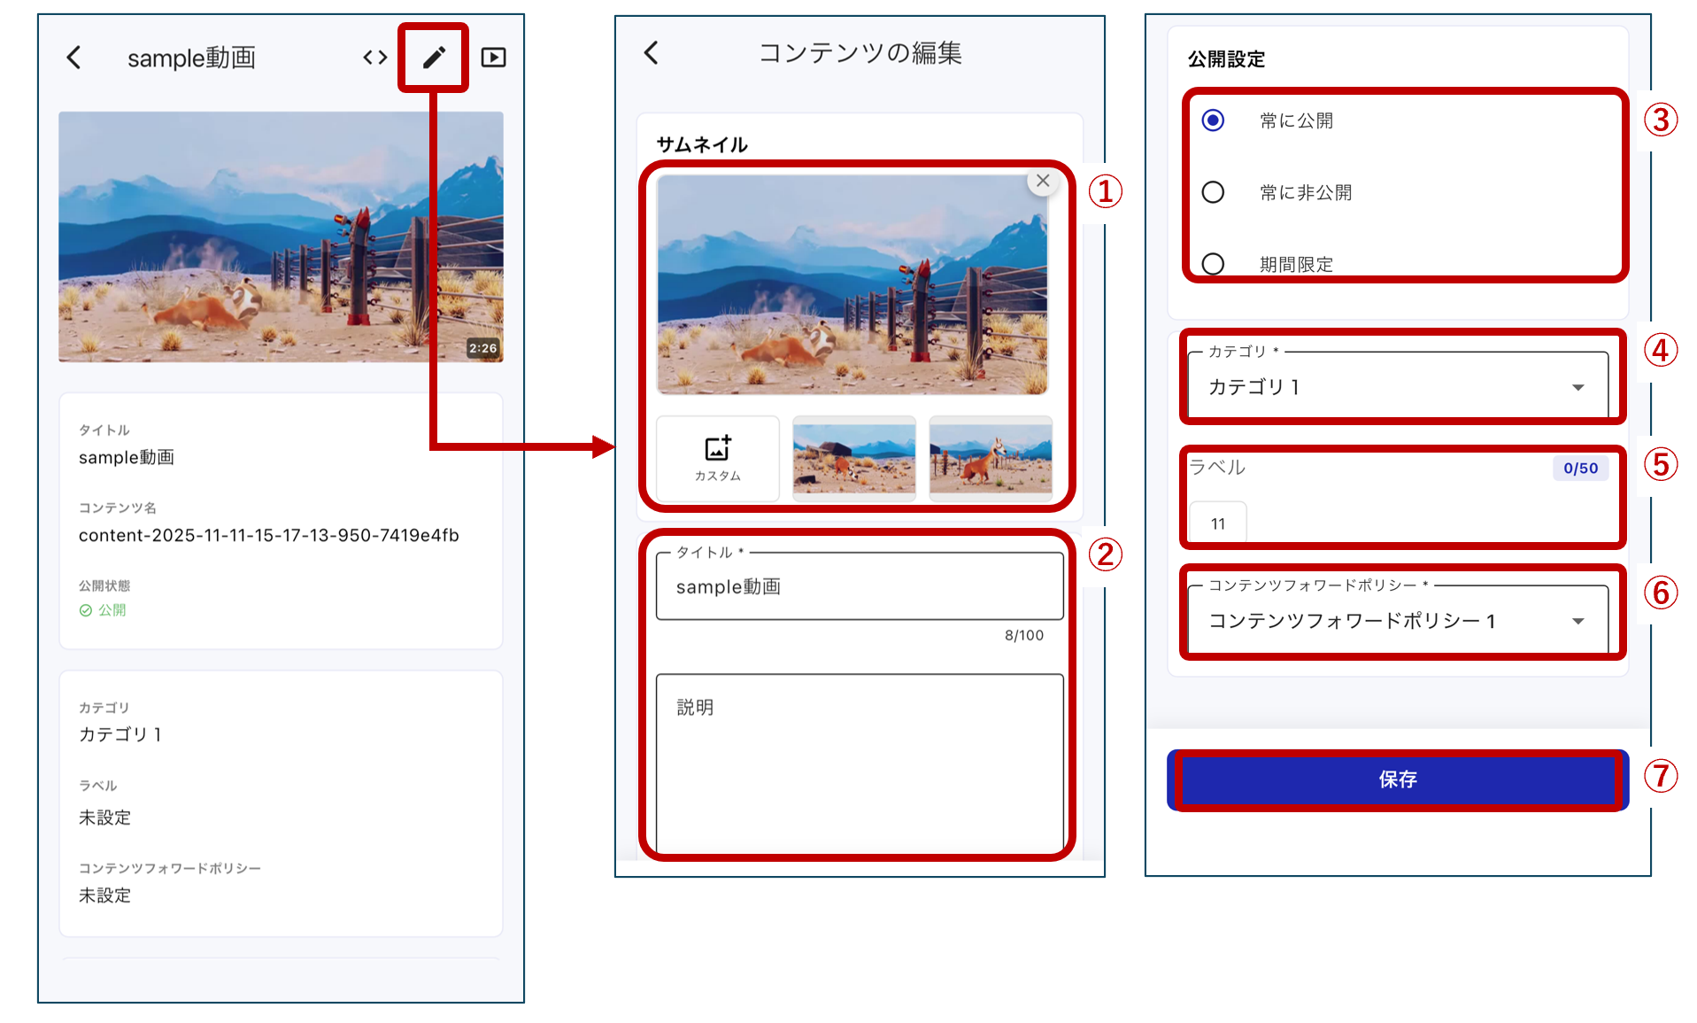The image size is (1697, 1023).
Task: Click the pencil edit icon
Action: click(434, 58)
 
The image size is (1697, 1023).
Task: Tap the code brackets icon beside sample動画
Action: click(375, 58)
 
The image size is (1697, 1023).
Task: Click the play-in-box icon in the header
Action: click(493, 58)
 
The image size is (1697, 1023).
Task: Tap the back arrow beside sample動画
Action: click(74, 58)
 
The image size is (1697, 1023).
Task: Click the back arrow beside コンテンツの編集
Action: click(652, 53)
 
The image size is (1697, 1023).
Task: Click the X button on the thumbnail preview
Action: click(1043, 181)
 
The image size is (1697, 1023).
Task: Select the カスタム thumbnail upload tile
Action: click(718, 458)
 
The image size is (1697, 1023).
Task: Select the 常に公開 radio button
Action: click(1213, 120)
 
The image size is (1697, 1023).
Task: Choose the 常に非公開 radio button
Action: click(1213, 192)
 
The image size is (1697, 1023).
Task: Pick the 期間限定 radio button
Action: click(1213, 264)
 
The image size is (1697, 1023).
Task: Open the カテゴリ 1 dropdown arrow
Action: click(1577, 387)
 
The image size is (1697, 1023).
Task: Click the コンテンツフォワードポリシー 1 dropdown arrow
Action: click(1577, 621)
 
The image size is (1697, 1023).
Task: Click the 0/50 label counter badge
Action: click(1580, 468)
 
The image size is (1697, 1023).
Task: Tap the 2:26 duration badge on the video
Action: click(483, 348)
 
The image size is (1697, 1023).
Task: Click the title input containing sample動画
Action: click(860, 586)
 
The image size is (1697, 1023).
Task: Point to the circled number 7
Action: click(1661, 776)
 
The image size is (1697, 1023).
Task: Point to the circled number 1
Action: click(1105, 190)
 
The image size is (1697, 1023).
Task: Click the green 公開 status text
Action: click(112, 610)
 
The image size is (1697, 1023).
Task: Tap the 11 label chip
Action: click(1218, 523)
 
